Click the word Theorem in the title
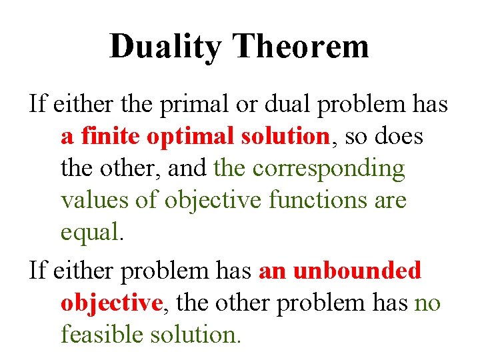point(301,47)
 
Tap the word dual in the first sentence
point(284,105)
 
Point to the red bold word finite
point(111,137)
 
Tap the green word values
point(95,201)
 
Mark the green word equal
point(91,233)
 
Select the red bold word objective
point(111,303)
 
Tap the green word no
point(427,303)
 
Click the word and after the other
point(187,169)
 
